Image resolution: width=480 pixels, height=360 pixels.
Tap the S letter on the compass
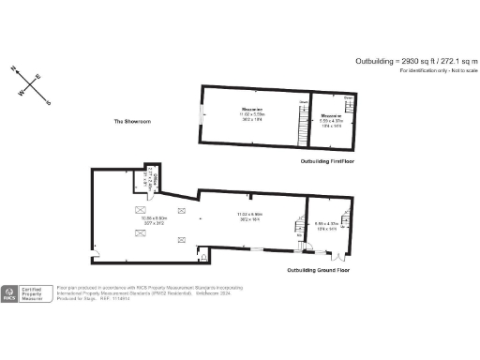50,103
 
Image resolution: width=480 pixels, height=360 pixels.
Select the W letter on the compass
20,94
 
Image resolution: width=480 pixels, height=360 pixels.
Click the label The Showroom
132,122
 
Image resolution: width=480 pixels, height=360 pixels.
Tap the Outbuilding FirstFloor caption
325,161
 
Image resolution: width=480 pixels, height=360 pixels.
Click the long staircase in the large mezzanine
302,121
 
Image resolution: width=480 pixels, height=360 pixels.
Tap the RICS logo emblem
10,294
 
